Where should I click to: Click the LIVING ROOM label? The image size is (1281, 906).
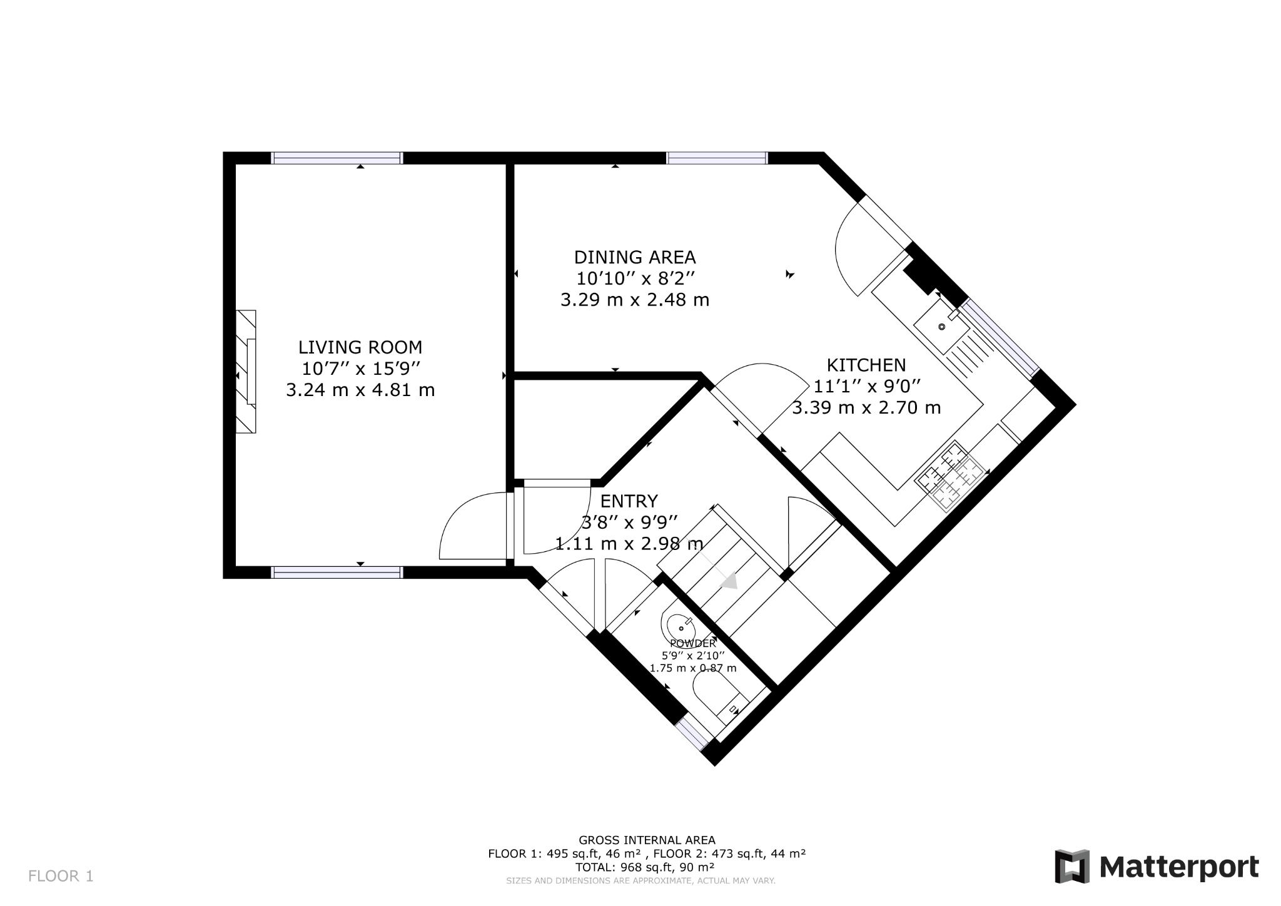(x=360, y=347)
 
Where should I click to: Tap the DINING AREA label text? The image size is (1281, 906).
(x=634, y=257)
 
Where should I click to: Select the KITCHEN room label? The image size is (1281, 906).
(x=866, y=365)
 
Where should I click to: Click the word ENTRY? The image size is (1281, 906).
(x=629, y=501)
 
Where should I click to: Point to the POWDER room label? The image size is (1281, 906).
(x=692, y=643)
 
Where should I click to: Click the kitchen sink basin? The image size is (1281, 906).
(x=941, y=327)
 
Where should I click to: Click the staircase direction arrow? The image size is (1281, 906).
(x=729, y=581)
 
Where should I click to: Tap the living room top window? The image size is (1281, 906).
(x=337, y=158)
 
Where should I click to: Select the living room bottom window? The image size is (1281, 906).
(x=337, y=572)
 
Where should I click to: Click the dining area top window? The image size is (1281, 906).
(x=717, y=158)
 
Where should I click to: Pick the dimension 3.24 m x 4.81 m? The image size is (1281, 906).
(x=360, y=390)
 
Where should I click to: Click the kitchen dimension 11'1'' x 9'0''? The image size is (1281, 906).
(x=866, y=386)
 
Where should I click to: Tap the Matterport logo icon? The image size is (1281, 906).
(x=1072, y=867)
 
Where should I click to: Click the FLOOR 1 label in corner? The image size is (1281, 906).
(x=61, y=876)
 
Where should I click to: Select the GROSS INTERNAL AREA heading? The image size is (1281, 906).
(x=647, y=840)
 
